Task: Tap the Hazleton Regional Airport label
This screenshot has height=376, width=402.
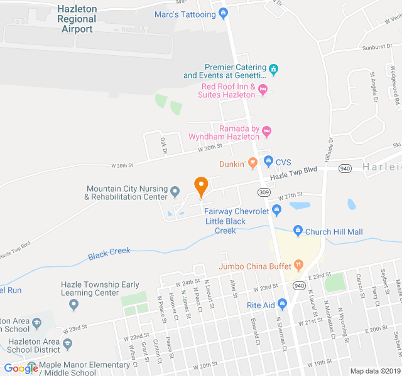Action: click(76, 19)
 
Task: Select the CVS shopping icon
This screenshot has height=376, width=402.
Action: click(268, 161)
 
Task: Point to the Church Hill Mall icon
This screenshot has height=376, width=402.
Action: click(298, 232)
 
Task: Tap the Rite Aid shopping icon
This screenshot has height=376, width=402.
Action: click(283, 305)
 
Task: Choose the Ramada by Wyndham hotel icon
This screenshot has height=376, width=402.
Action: click(266, 132)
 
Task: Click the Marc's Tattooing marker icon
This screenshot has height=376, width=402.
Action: click(223, 14)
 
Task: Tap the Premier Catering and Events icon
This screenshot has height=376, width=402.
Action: click(273, 68)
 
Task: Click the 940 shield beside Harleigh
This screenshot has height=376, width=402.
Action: click(345, 168)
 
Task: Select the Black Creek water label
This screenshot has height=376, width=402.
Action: click(109, 253)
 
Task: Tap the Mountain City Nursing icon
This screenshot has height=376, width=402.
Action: click(175, 192)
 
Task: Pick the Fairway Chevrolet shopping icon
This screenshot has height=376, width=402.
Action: click(276, 211)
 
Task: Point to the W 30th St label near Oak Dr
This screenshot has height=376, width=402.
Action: click(210, 147)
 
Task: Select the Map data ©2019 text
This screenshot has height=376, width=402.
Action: click(374, 370)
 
